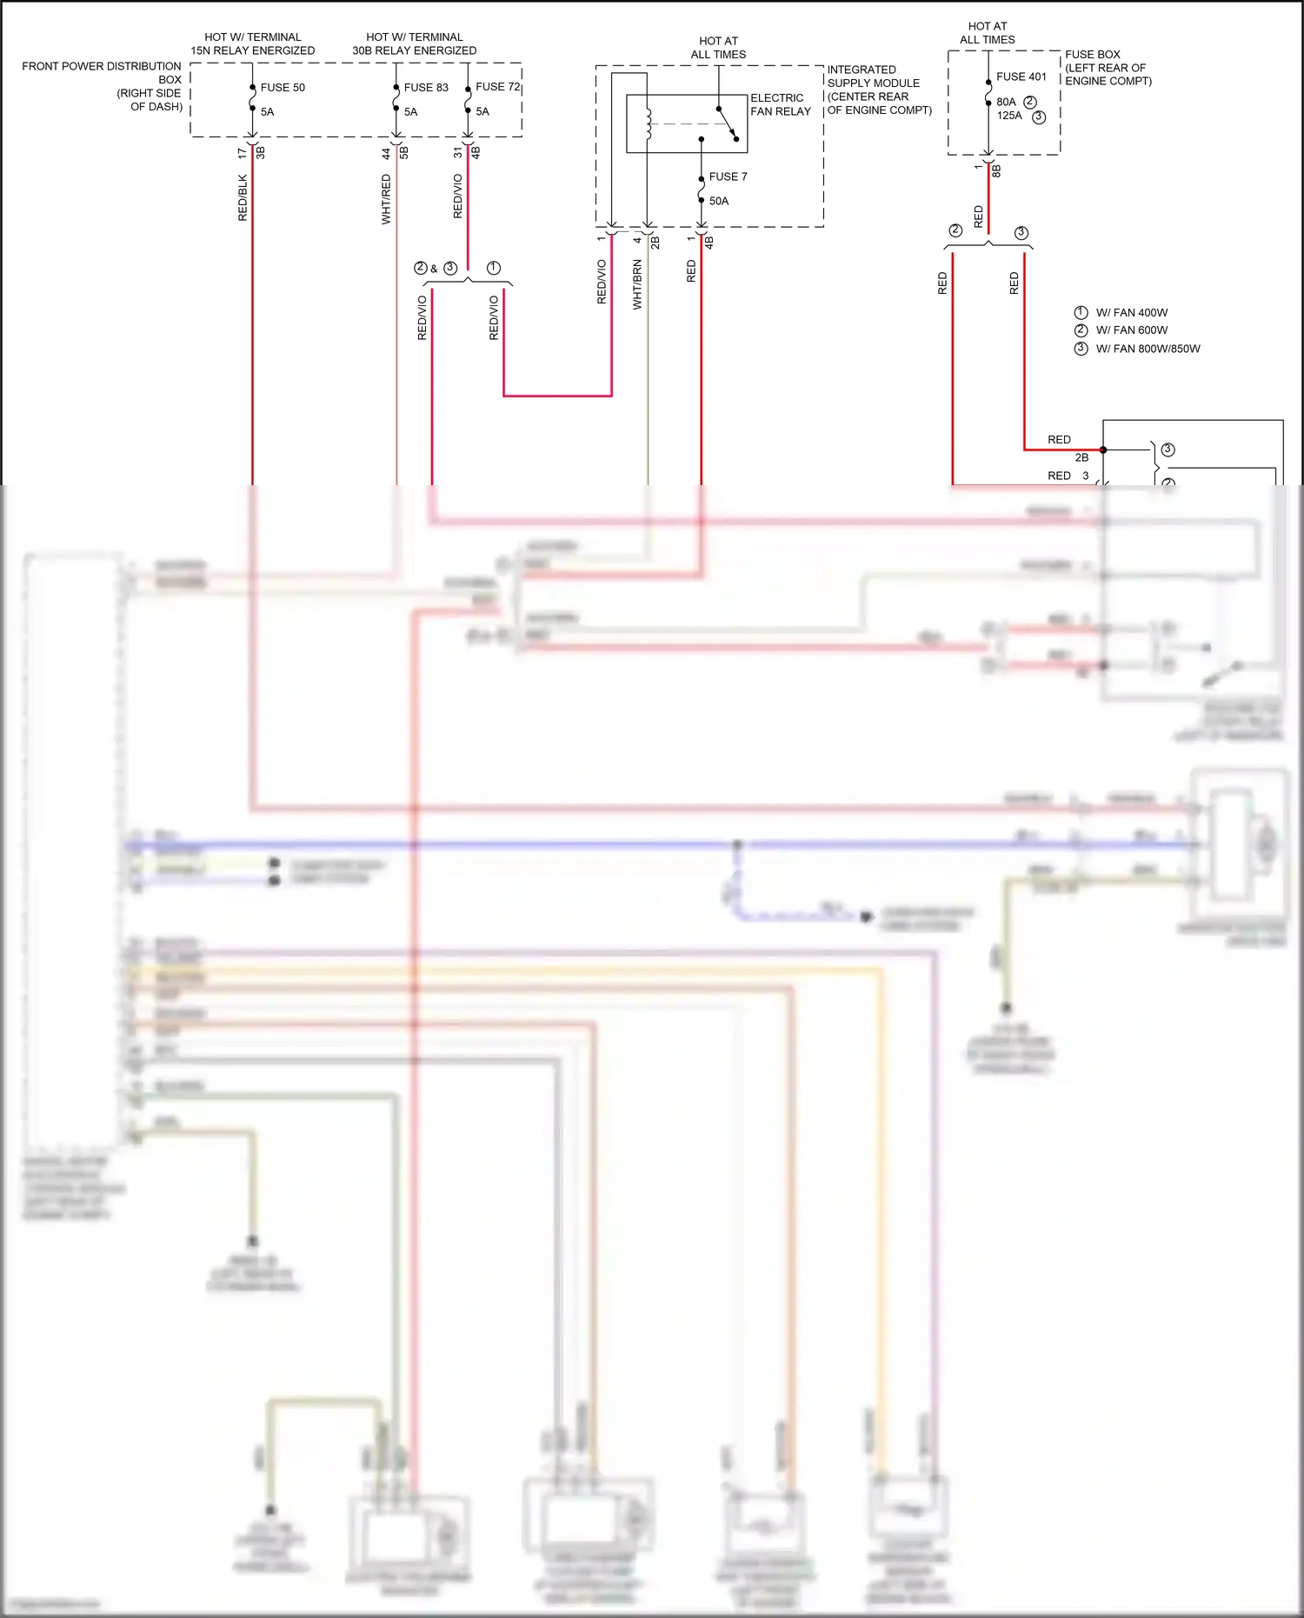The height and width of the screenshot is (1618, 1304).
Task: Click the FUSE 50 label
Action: tap(283, 88)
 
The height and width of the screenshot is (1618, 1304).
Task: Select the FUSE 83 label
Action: tap(426, 88)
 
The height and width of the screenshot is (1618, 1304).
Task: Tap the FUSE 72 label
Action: tap(497, 87)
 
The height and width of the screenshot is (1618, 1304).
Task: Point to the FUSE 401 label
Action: tap(1021, 77)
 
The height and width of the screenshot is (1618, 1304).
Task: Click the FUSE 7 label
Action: tap(728, 176)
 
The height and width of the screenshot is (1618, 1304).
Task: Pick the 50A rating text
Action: tap(719, 201)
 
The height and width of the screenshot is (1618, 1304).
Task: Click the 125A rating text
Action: tap(1009, 116)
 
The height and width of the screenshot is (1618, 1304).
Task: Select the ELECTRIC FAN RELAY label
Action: tap(780, 104)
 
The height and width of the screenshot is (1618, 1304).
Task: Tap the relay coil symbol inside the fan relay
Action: tap(648, 123)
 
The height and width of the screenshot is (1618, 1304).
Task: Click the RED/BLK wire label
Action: tap(243, 198)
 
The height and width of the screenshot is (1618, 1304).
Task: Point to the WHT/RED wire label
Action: tap(387, 199)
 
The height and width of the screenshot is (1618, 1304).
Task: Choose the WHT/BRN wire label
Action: tap(637, 284)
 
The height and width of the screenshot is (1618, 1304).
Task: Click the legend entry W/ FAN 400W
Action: tap(1131, 313)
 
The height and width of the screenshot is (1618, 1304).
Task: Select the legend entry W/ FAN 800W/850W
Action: tap(1147, 349)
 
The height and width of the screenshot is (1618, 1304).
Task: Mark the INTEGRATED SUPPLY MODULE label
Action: tap(878, 90)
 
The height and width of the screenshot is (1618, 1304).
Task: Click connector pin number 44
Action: tap(386, 153)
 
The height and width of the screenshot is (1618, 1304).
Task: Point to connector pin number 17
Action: tap(242, 153)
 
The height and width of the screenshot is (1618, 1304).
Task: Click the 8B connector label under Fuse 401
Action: tap(996, 170)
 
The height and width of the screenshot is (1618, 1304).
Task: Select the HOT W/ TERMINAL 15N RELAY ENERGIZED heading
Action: tap(253, 43)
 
